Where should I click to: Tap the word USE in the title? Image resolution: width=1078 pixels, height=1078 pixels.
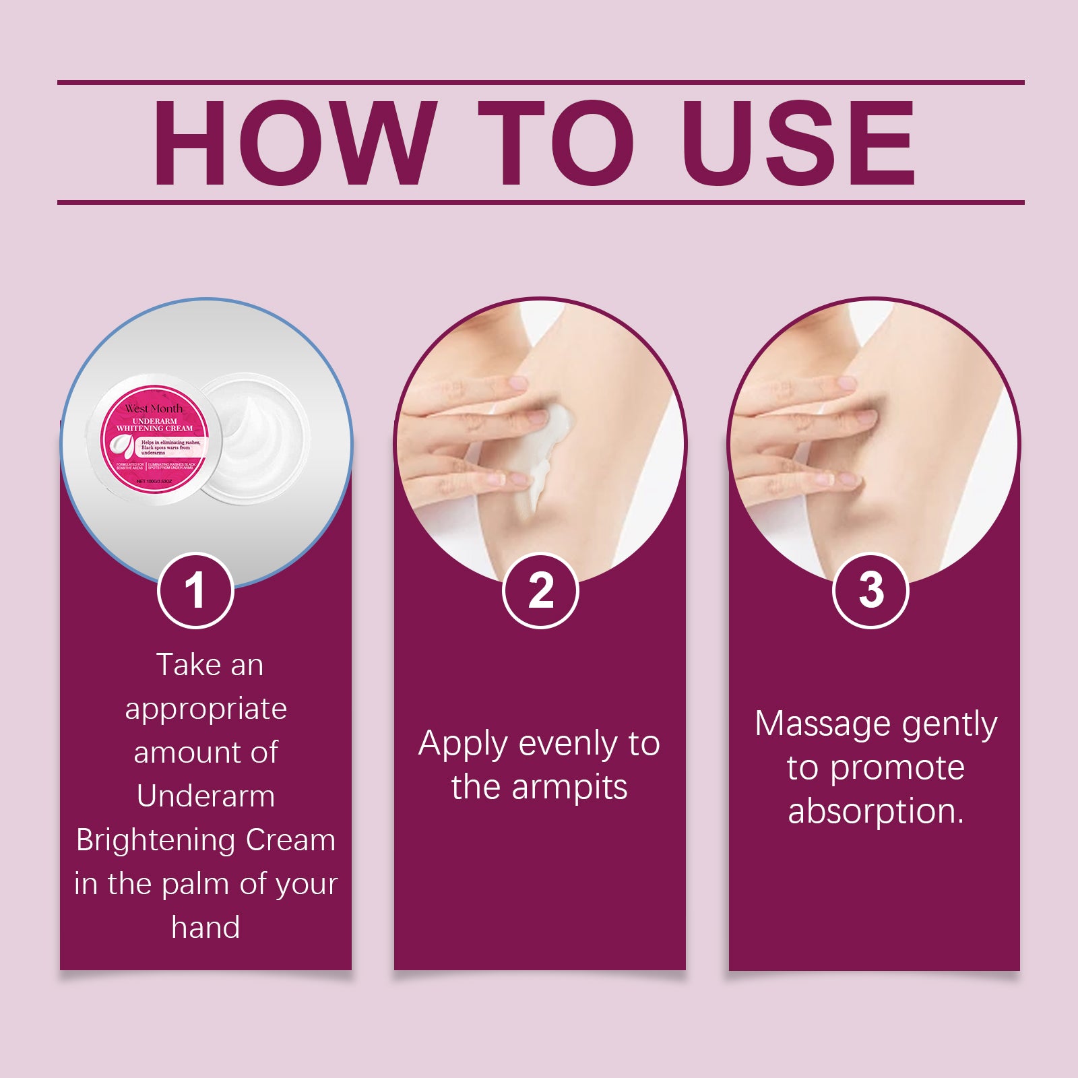pyautogui.click(x=798, y=143)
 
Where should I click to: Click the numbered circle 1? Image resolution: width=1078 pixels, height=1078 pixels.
pyautogui.click(x=195, y=591)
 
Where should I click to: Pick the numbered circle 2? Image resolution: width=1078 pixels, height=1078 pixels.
pyautogui.click(x=540, y=591)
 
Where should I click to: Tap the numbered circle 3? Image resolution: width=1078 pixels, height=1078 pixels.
pyautogui.click(x=870, y=591)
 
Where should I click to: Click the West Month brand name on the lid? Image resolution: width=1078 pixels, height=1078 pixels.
pyautogui.click(x=154, y=408)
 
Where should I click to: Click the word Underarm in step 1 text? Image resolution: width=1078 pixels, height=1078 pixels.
pyautogui.click(x=205, y=796)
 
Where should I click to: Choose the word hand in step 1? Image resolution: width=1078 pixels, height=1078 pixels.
pyautogui.click(x=205, y=928)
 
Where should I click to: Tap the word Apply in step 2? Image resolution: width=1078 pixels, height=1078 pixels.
pyautogui.click(x=462, y=744)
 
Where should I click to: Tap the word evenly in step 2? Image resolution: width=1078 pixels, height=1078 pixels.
pyautogui.click(x=568, y=744)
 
